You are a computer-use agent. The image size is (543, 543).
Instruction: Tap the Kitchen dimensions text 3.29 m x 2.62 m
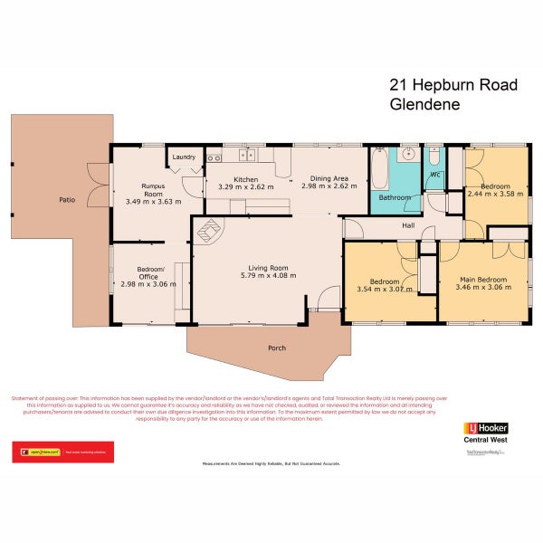tap(240, 187)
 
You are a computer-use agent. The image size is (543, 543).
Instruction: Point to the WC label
tap(435, 174)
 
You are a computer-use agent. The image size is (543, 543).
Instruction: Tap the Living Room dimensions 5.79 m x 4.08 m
tap(269, 276)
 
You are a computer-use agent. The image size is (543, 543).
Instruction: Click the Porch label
tap(277, 348)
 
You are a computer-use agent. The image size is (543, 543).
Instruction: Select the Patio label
tap(67, 199)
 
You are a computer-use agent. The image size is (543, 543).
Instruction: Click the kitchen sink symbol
tap(215, 158)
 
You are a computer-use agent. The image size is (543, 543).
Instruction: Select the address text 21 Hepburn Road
tap(453, 85)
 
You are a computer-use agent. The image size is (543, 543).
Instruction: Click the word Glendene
tap(424, 104)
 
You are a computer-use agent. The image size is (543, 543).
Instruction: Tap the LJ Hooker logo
tap(485, 428)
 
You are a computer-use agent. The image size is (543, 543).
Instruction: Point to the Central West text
tap(485, 441)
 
